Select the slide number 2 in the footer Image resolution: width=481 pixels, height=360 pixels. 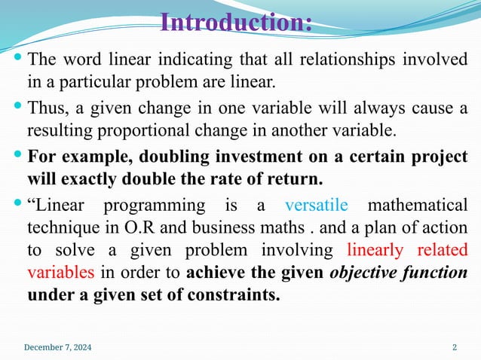coord(455,347)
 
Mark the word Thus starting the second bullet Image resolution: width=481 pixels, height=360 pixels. coord(44,108)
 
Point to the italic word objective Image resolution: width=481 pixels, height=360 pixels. coord(365,272)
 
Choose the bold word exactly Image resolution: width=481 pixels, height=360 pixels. coord(90,180)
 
